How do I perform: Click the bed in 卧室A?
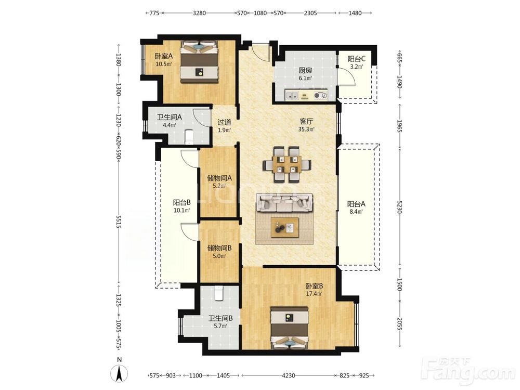pos(199,62)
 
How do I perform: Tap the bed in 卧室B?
pos(290,328)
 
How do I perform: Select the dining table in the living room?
pos(287,165)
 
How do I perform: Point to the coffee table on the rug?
pos(285,228)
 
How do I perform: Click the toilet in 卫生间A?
pos(189,137)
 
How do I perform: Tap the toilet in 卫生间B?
pos(219,293)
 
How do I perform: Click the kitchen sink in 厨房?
pos(292,95)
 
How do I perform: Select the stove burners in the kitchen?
pos(320,95)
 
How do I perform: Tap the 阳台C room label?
pos(356,59)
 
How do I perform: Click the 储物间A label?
pos(219,178)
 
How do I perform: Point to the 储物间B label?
pos(219,248)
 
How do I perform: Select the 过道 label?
pos(224,122)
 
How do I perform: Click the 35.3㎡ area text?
pos(306,129)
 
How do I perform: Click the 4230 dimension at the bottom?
pos(288,375)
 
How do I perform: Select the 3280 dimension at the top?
pos(199,14)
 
